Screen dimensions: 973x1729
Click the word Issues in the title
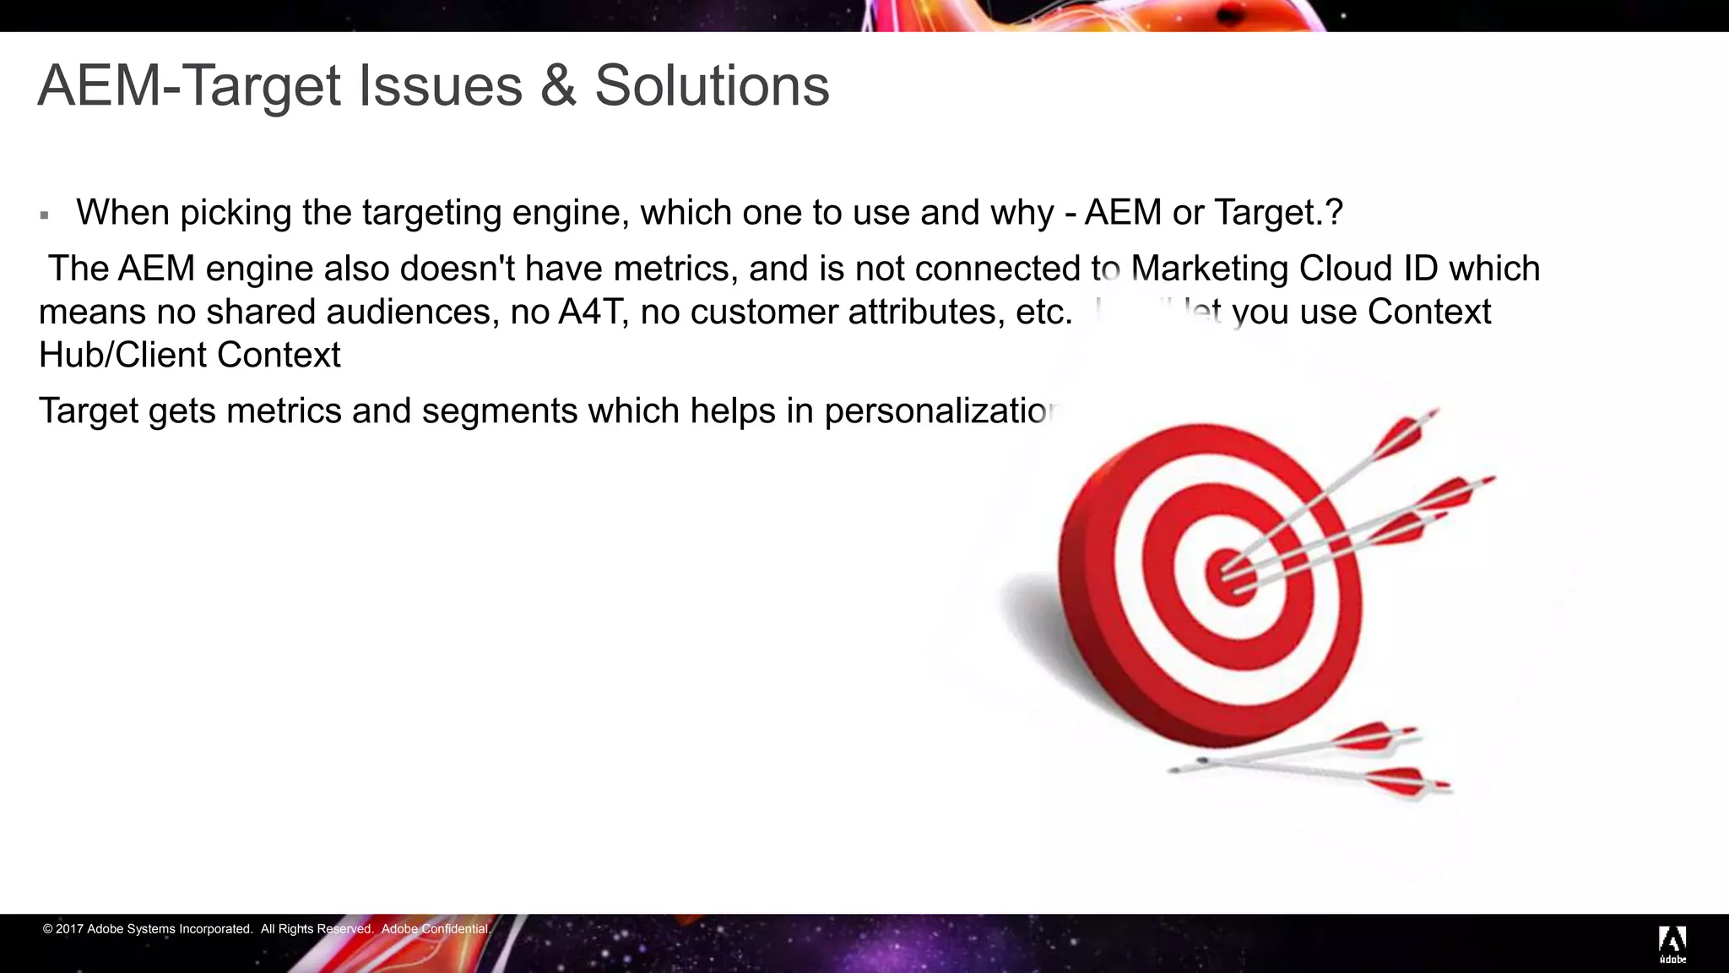coord(440,85)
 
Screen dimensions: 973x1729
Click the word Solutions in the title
coord(712,85)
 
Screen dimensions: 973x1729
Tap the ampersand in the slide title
coord(558,85)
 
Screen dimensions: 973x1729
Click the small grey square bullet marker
coord(45,216)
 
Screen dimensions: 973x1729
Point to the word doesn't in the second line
coord(457,269)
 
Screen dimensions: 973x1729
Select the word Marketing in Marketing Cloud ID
coord(1207,269)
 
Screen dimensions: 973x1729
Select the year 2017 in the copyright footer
coord(69,929)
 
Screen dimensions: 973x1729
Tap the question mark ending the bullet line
coord(1334,213)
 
